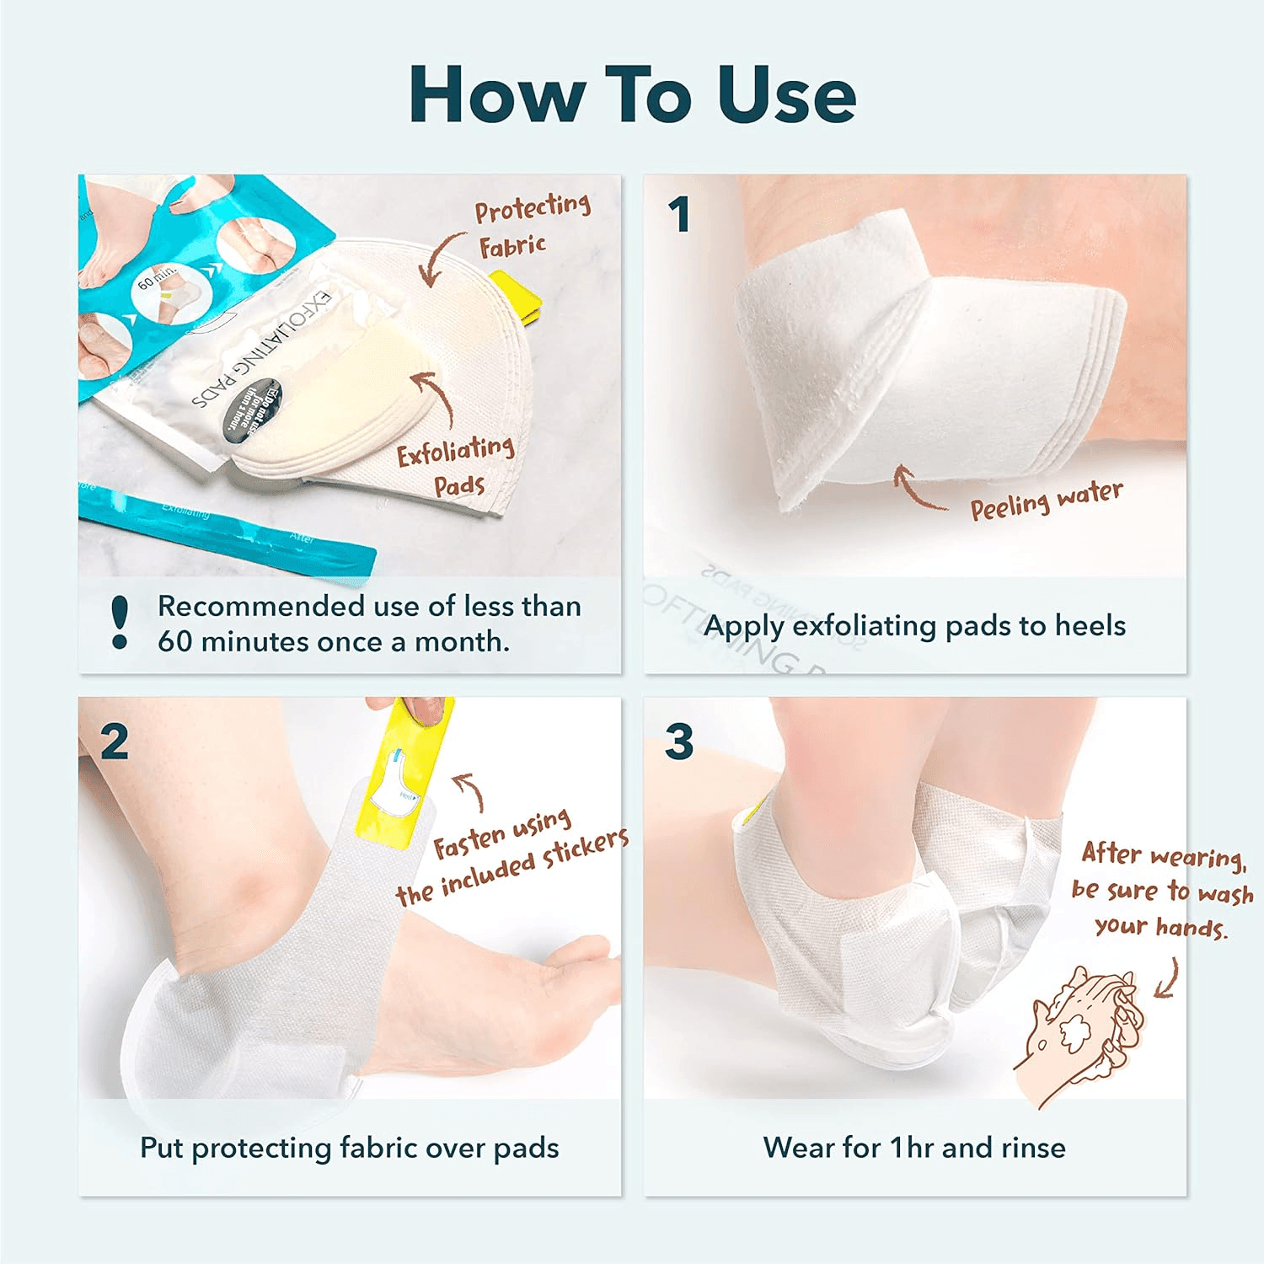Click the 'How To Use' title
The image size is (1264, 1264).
632,94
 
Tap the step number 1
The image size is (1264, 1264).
679,215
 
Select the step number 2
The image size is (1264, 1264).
115,742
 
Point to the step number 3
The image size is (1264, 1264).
679,742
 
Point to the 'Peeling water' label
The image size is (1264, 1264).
1046,501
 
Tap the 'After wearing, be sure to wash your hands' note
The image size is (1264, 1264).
1161,890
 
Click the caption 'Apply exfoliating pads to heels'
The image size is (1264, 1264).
914,626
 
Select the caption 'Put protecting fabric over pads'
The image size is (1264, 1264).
349,1148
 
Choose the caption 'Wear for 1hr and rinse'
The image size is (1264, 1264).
914,1148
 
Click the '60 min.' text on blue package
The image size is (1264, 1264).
156,276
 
